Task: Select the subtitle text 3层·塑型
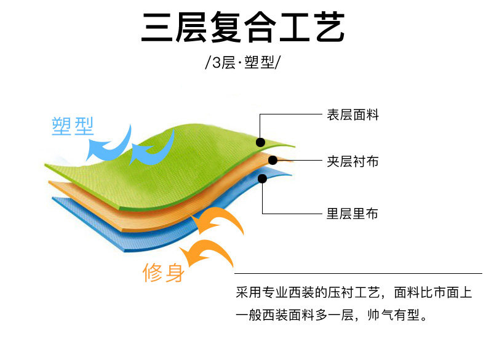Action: [x=242, y=63]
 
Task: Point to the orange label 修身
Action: [x=163, y=272]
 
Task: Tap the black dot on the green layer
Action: [x=260, y=142]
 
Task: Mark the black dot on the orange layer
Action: [x=273, y=160]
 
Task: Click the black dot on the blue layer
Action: [x=263, y=179]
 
